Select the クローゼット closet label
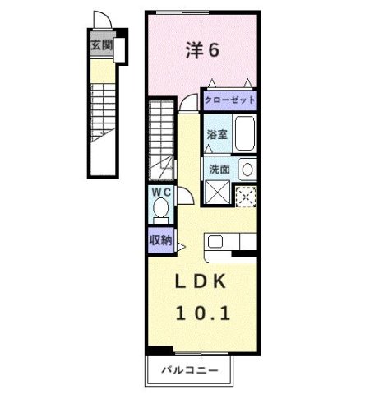click(229, 100)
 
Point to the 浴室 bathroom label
click(216, 133)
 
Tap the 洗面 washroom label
click(219, 169)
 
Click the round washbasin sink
click(246, 169)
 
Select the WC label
click(160, 193)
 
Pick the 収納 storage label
click(160, 240)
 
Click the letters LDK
click(202, 281)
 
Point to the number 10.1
click(202, 313)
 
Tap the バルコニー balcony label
click(190, 370)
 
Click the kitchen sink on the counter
click(215, 241)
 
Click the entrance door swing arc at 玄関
click(99, 21)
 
